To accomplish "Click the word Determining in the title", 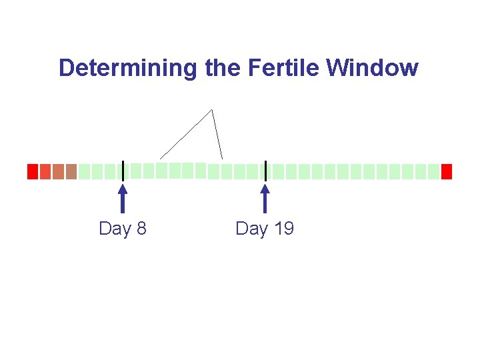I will tap(127, 68).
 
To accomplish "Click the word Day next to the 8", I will tap(115, 229).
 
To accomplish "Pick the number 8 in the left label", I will tap(141, 229).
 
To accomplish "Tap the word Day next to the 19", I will tap(251, 229).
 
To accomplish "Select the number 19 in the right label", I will tap(283, 229).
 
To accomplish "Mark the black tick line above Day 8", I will tap(123, 171).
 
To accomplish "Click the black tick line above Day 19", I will tap(265, 171).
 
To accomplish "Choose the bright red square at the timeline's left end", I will tap(32, 172).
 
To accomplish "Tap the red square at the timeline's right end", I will tap(447, 172).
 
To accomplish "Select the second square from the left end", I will tap(45, 172).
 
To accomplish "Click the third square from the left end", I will tap(58, 172).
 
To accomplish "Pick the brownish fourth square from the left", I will tap(71, 172).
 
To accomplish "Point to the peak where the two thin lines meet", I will tap(211, 109).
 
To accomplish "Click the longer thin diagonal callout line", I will tap(186, 134).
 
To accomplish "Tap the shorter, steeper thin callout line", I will tap(217, 134).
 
